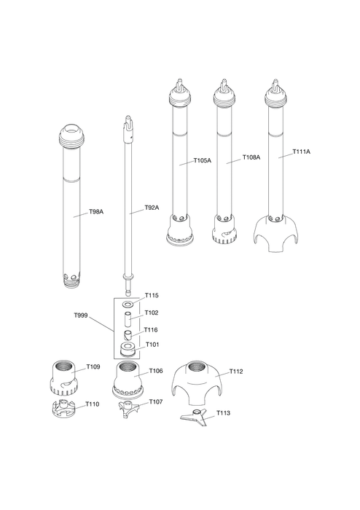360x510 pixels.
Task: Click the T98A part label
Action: tap(96, 212)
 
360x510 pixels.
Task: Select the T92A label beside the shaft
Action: tap(152, 208)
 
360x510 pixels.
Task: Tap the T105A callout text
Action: tap(203, 160)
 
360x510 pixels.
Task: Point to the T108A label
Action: tap(251, 157)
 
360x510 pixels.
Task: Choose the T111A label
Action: tap(302, 152)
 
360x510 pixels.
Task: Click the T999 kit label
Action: tap(81, 315)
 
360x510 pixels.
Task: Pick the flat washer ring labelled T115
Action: tap(128, 305)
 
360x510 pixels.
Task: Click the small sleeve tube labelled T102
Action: tap(128, 319)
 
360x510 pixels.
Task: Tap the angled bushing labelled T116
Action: tap(128, 334)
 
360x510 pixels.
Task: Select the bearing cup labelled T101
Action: tap(128, 349)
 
